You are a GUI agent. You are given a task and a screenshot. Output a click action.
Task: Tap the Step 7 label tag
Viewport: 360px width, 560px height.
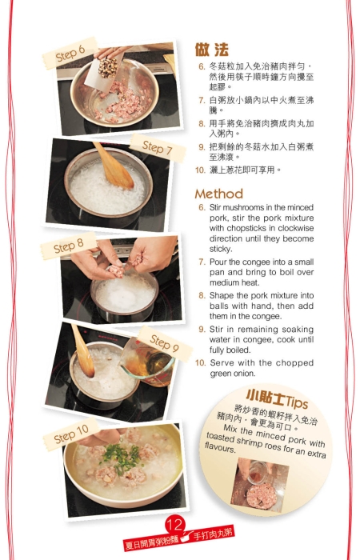(x=158, y=148)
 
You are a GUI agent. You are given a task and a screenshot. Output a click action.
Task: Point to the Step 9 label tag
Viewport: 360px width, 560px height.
(x=164, y=343)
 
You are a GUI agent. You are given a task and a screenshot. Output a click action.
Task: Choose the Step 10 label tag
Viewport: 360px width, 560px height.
(x=71, y=435)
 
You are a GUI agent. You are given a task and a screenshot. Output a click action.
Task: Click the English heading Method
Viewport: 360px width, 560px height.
(x=218, y=194)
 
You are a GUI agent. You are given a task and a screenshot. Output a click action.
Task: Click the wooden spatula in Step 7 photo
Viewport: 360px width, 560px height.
(x=112, y=165)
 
